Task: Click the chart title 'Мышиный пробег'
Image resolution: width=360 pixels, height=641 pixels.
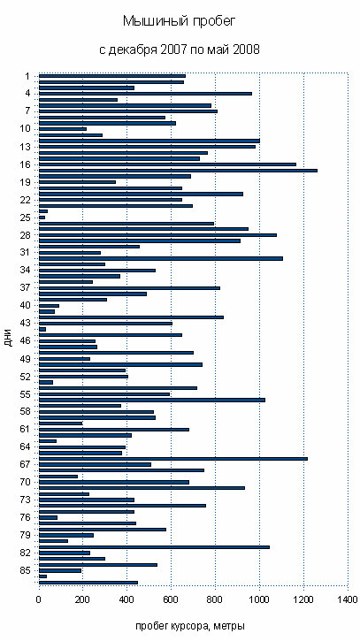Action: point(180,22)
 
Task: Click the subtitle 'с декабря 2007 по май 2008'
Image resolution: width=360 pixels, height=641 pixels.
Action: point(180,50)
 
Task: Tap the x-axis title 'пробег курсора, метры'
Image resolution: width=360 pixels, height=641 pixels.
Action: point(190,625)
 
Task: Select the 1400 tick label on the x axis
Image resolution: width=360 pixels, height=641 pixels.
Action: point(348,599)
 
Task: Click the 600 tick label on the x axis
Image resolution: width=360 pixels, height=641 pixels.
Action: point(171,599)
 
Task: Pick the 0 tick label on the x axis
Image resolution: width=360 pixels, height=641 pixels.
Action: point(39,599)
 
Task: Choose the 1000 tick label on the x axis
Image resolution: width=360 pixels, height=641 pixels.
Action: point(259,599)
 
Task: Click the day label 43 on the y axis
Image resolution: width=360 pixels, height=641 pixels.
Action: point(25,323)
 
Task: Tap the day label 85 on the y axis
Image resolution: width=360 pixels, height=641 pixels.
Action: point(25,570)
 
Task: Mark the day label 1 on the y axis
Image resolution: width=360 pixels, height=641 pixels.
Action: point(27,76)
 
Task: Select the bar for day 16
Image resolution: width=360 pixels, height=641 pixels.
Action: point(167,164)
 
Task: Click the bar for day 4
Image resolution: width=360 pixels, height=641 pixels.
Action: point(145,94)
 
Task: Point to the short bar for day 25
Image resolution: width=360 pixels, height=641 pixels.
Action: point(42,217)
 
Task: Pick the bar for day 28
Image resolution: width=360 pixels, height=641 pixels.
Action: point(157,235)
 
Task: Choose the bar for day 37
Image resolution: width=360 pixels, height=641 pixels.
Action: point(129,288)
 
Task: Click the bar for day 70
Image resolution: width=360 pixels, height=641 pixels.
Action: point(114,483)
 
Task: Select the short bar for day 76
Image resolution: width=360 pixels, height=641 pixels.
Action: point(48,517)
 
